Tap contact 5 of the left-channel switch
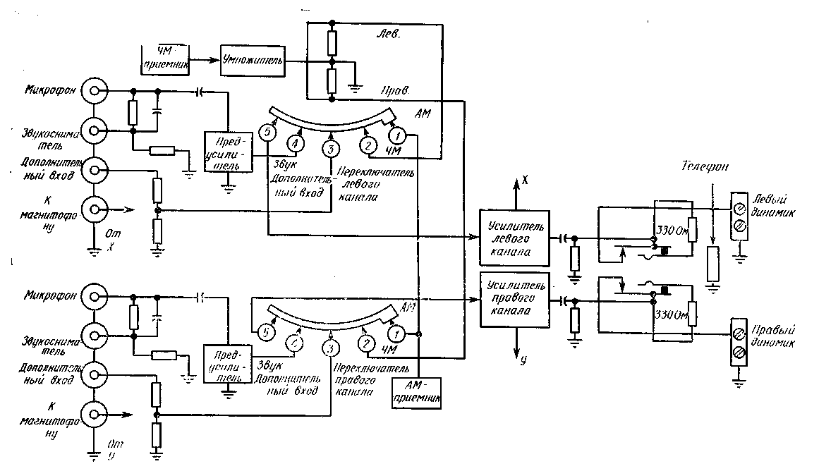[266, 133]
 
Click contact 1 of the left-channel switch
[398, 134]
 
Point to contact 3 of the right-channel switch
[329, 348]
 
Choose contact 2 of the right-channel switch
[366, 344]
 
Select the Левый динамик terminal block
[739, 217]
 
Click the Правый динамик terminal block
[739, 341]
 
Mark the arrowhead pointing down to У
[517, 356]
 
